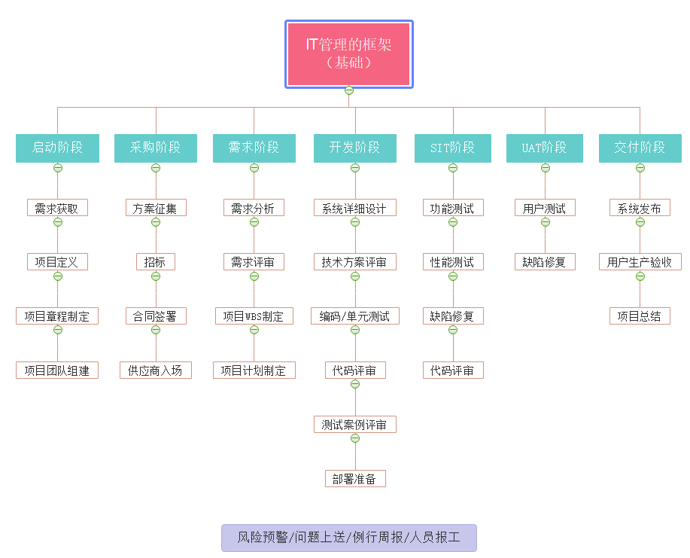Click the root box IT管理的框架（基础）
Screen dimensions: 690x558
click(348, 53)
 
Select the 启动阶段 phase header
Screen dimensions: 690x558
click(57, 148)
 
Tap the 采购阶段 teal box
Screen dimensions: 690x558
click(156, 148)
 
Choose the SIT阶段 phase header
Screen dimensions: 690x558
click(453, 148)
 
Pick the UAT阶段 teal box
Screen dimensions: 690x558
click(545, 148)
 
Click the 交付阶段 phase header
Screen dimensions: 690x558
click(640, 148)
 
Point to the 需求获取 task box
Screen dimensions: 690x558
click(57, 208)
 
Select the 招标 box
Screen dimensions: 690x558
click(156, 262)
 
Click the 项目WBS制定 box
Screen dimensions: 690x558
click(254, 316)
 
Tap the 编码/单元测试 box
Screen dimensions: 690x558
click(355, 316)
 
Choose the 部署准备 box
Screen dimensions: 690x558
click(355, 479)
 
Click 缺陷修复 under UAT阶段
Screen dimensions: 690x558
click(545, 262)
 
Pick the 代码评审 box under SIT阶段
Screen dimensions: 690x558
click(453, 370)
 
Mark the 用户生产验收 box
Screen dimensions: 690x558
click(640, 262)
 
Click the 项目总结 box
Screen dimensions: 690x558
click(640, 316)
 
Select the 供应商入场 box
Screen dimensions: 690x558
click(156, 370)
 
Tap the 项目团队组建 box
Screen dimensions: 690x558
click(57, 370)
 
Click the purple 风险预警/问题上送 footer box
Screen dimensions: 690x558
click(349, 538)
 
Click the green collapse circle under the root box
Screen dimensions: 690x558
click(349, 91)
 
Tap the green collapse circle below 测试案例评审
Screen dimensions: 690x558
click(355, 438)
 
